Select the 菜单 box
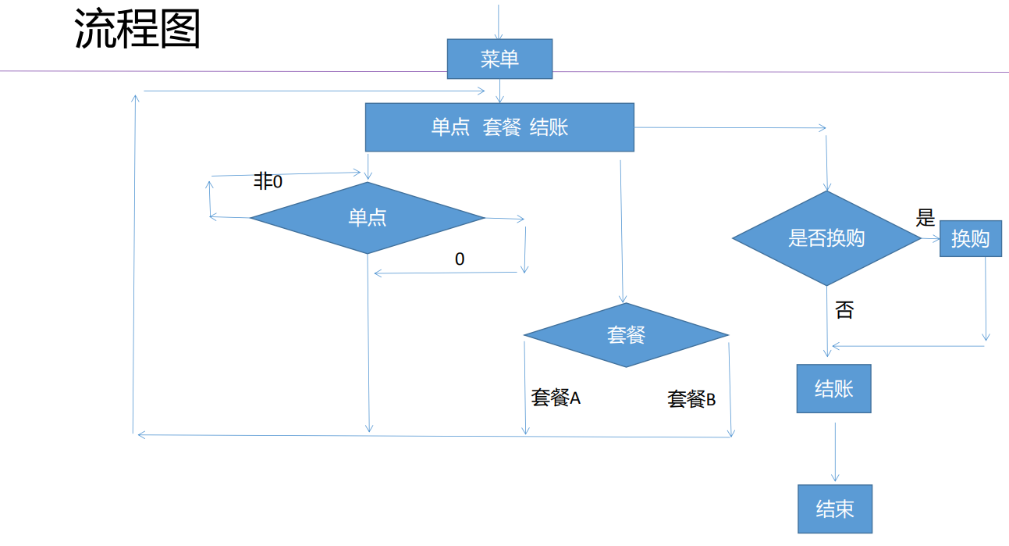499,59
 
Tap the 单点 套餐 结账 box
499,127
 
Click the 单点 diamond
368,218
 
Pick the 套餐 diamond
626,335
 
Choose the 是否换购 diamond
826,238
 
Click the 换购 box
970,239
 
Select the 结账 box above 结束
833,388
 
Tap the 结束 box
834,509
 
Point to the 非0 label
268,182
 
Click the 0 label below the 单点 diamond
460,259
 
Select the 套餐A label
556,398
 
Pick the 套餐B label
691,399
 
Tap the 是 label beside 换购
926,218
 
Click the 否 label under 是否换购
844,310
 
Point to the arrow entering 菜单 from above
499,20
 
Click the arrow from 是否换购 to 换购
931,239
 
